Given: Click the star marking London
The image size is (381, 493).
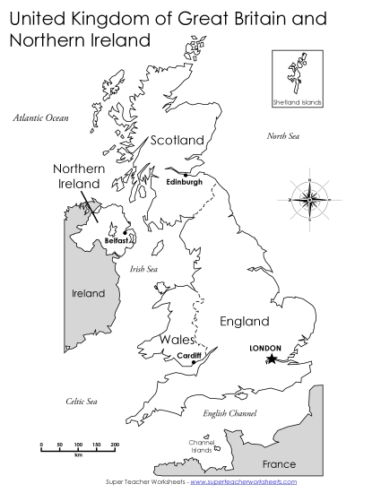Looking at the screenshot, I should [x=272, y=359].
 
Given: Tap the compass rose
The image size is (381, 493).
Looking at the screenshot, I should [x=310, y=198].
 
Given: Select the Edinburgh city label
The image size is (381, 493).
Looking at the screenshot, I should [x=185, y=182].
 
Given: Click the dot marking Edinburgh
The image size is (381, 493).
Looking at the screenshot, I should [x=186, y=174].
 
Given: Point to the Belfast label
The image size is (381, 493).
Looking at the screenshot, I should [x=118, y=241].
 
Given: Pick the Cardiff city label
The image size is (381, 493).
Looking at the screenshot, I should [x=189, y=356].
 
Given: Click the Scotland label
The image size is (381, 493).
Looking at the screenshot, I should [x=177, y=140].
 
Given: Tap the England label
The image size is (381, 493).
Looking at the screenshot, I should [x=244, y=321].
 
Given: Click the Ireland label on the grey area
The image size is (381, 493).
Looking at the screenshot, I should [x=88, y=293].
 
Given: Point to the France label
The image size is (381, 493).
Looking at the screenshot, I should [x=278, y=464].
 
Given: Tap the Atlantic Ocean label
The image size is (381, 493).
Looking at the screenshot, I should [x=41, y=117].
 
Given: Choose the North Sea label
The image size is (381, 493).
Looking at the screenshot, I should [x=283, y=136].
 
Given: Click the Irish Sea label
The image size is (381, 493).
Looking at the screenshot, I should [x=143, y=268].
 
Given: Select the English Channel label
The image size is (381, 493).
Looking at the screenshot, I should [x=229, y=413].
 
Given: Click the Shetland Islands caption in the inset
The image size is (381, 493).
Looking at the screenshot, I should [x=296, y=102].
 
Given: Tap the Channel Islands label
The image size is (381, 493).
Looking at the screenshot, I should [x=201, y=446].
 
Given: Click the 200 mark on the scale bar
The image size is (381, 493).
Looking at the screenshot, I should [x=115, y=445].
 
